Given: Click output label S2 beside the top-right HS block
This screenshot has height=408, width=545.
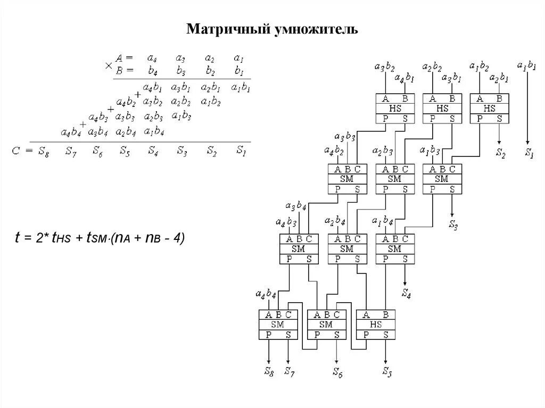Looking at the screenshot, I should [500, 154].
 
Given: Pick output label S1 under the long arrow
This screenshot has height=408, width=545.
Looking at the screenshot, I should [529, 154].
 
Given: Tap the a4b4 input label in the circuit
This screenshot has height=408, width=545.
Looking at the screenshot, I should [266, 294].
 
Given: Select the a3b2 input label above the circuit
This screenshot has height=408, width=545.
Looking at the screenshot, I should [384, 67].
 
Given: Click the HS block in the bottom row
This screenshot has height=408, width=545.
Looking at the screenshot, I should [376, 324].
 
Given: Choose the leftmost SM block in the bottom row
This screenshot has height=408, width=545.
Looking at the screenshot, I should [278, 324].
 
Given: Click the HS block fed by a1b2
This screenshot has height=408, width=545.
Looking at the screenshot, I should [490, 108].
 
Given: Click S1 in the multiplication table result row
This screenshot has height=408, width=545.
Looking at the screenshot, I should [241, 151].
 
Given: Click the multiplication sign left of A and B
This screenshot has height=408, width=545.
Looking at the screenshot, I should [109, 65].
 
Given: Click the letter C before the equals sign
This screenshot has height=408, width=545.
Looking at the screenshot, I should [16, 151].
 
